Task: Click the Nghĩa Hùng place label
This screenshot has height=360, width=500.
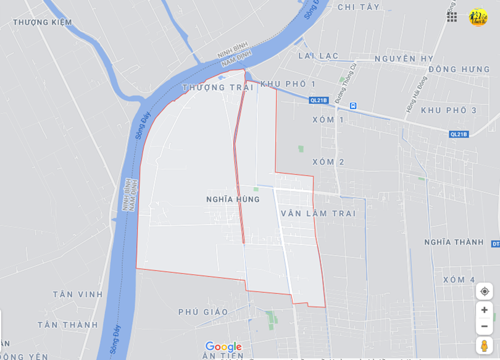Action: [233, 199]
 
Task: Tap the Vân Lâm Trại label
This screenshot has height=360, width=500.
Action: [319, 214]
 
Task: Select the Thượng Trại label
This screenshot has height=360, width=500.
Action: [217, 88]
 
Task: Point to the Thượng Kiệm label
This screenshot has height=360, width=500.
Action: [43, 22]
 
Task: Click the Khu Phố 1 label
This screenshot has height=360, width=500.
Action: [288, 84]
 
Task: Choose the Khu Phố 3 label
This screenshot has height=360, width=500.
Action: [449, 111]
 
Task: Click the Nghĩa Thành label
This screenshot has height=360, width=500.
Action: [454, 242]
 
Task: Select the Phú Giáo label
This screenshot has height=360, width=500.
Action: [203, 312]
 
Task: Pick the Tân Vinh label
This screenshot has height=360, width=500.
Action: [78, 295]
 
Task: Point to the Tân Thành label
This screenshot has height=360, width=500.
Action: [68, 325]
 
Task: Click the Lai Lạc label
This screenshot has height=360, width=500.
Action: [319, 56]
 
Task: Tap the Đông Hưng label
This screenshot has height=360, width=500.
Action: [459, 69]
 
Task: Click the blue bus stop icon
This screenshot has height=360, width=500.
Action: [353, 106]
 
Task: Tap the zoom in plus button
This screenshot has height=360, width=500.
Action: [484, 310]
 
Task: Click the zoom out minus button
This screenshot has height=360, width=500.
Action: [484, 326]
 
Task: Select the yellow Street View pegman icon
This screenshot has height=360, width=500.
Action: [484, 346]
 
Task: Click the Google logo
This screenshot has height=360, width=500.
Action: [223, 347]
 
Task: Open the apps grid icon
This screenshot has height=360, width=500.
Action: [452, 17]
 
